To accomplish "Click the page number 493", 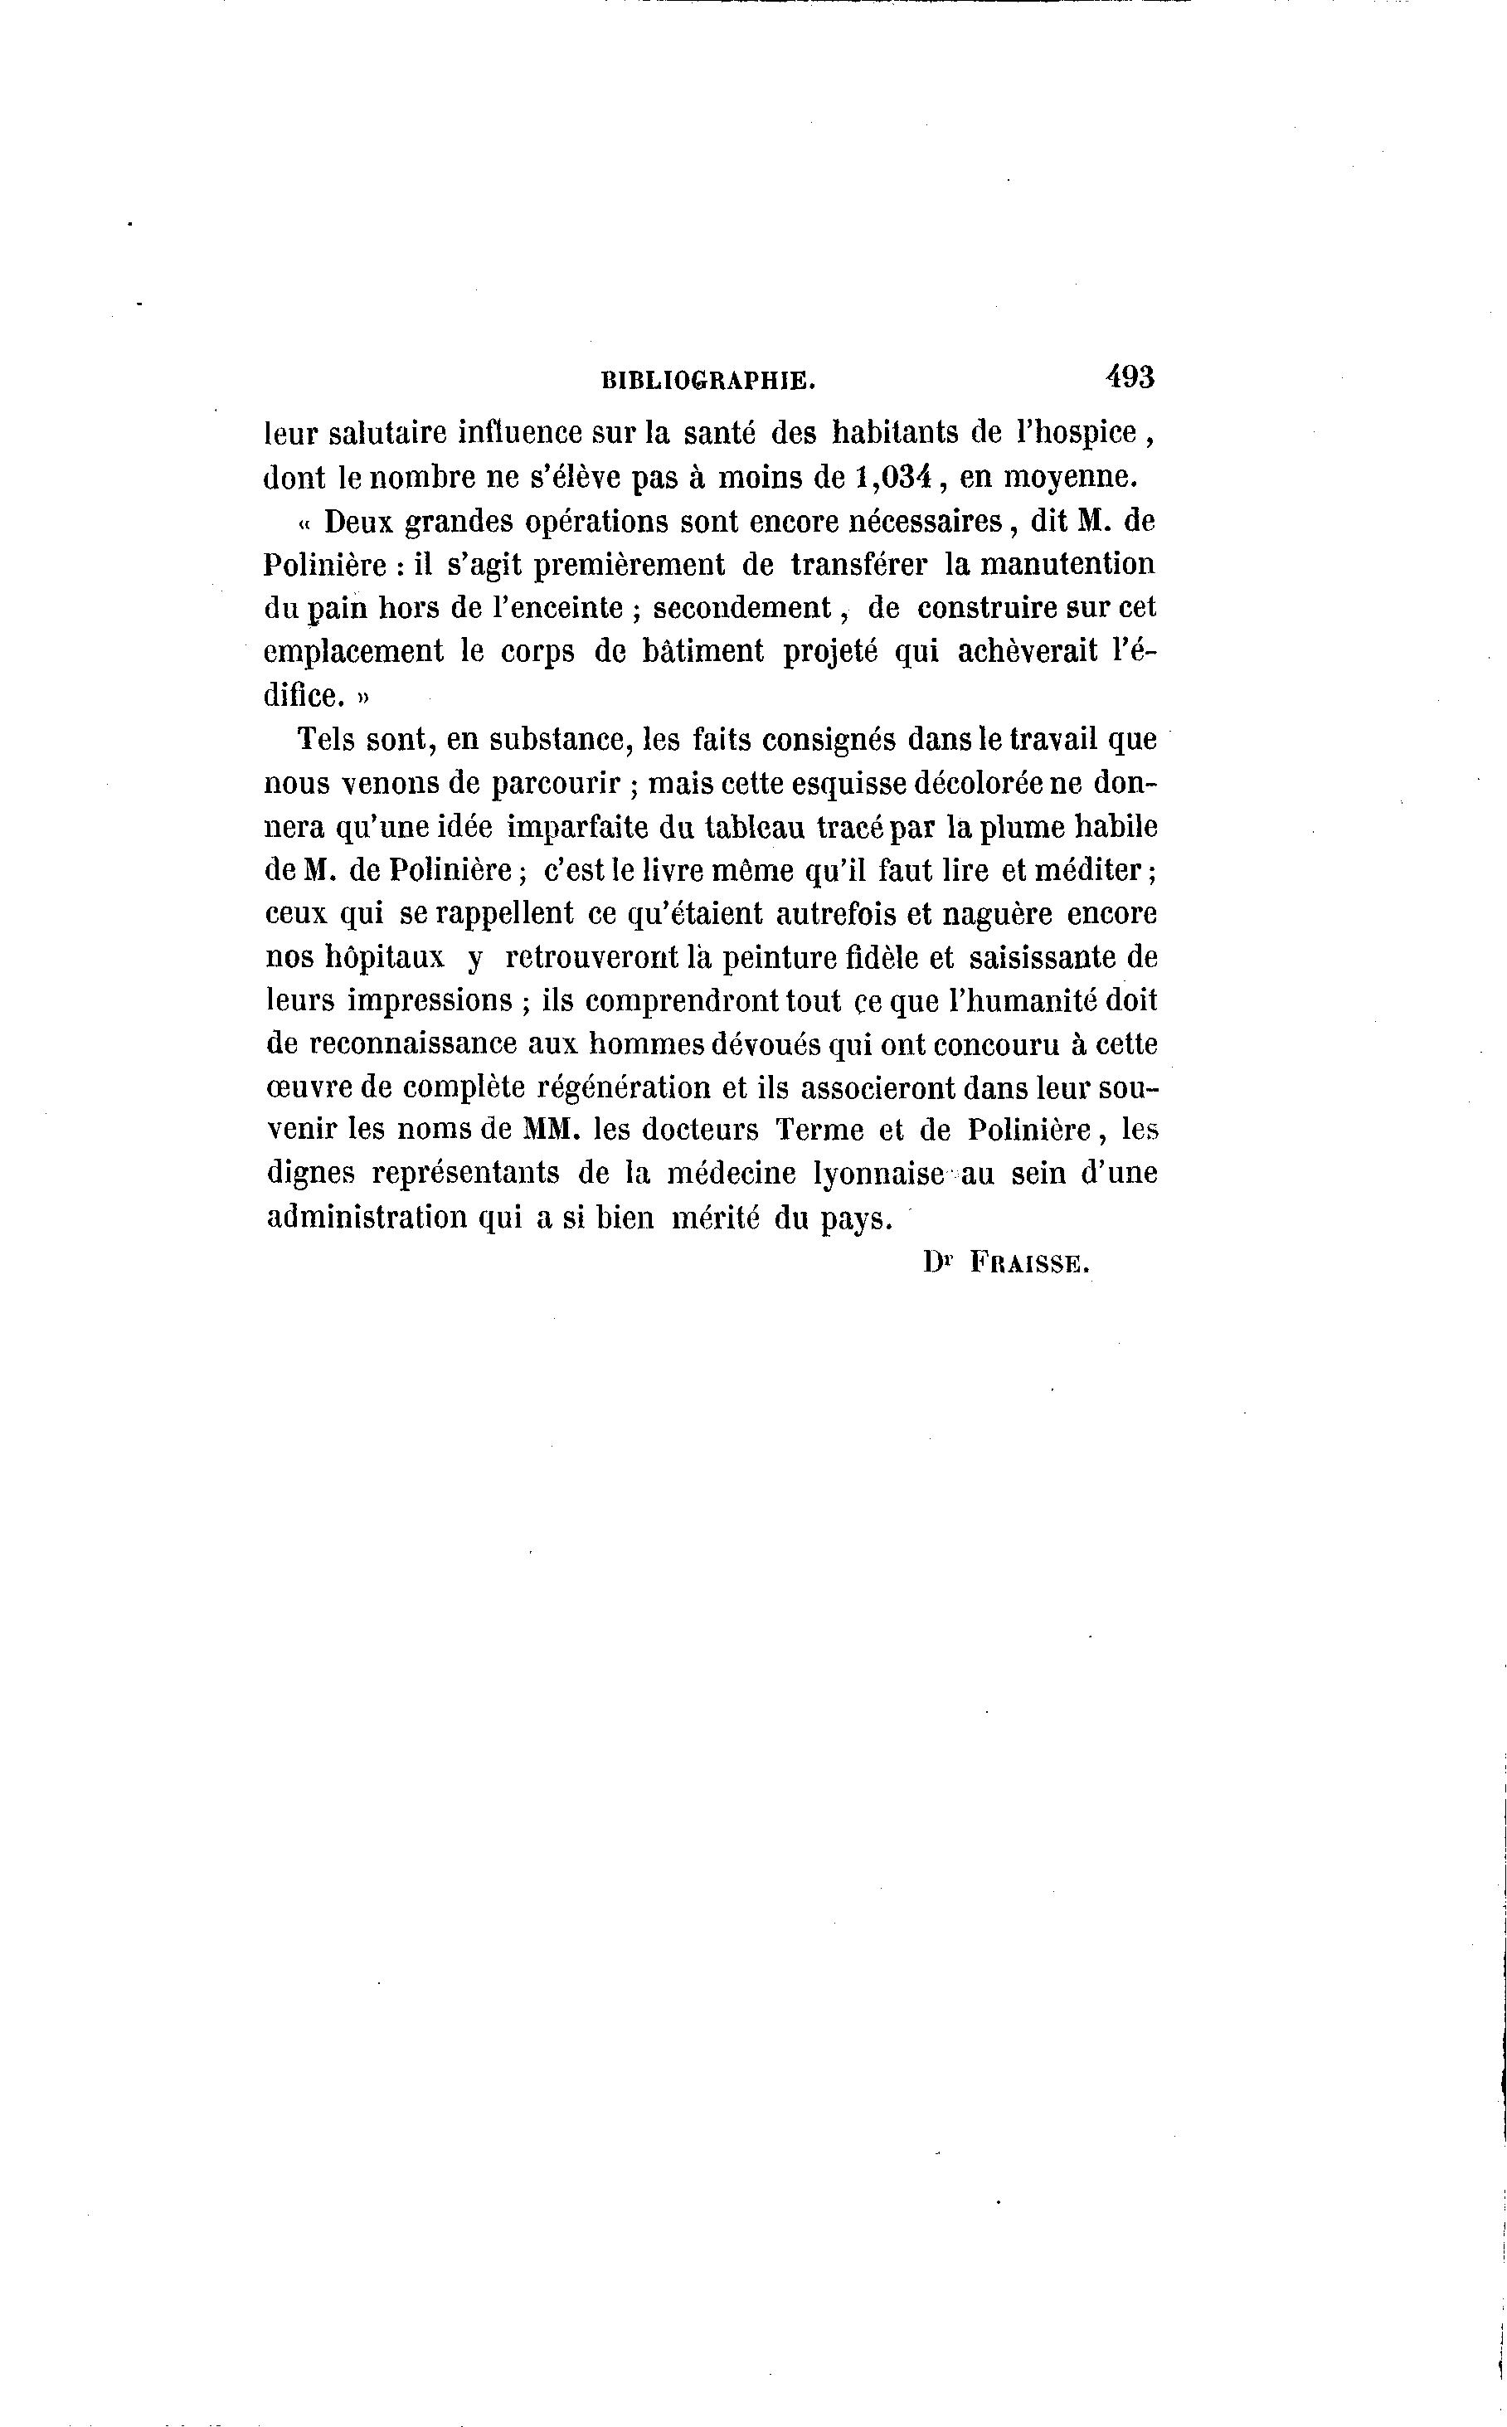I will [x=1128, y=377].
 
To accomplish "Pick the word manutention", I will [x=1067, y=564].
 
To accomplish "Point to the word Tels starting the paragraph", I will [x=327, y=740].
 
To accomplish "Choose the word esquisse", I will [x=847, y=783].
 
